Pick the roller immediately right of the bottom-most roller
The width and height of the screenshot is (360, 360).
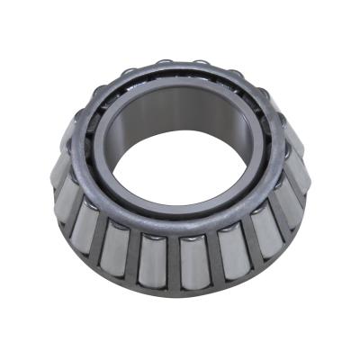pos(230,253)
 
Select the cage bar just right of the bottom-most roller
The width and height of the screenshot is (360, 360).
pos(212,259)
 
